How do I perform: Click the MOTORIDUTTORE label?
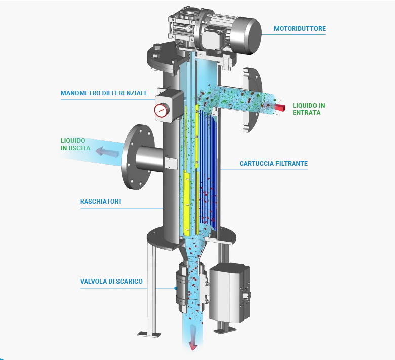(x=300, y=29)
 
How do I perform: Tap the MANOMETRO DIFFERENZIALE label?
(x=104, y=93)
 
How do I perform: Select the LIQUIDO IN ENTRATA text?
(x=308, y=109)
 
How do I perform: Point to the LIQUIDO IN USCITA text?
(x=75, y=144)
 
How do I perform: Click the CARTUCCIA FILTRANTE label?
(x=273, y=164)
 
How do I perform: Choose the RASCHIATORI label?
(x=100, y=202)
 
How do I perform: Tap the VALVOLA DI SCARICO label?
(x=111, y=281)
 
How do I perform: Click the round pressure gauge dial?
(x=162, y=110)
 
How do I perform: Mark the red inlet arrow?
(x=282, y=107)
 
